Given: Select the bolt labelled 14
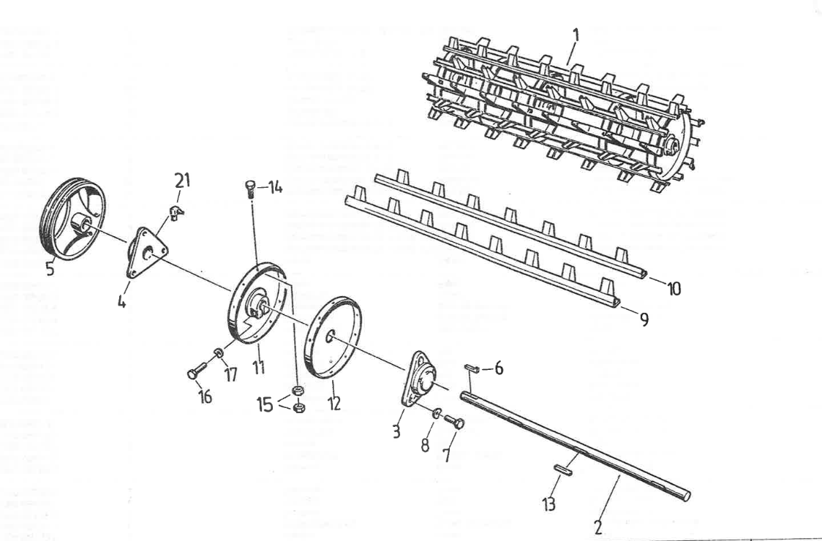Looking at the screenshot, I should click(250, 189).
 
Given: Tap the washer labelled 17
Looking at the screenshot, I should click(218, 355).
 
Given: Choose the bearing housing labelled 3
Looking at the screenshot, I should click(419, 382).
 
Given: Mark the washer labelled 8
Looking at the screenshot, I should click(435, 415).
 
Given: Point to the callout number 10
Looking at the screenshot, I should click(674, 289).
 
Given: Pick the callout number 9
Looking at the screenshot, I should click(644, 319).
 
